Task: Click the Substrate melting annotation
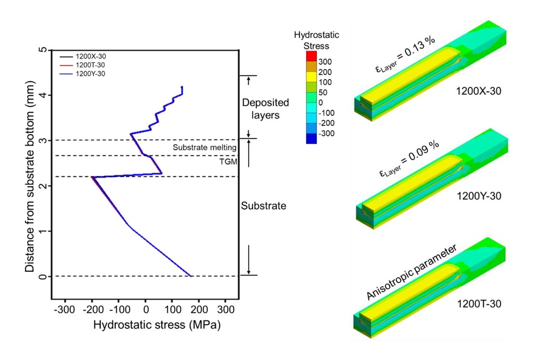tap(205, 148)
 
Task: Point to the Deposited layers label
tap(265, 109)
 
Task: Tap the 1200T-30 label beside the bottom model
tap(476, 303)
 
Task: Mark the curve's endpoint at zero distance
tap(191, 276)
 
